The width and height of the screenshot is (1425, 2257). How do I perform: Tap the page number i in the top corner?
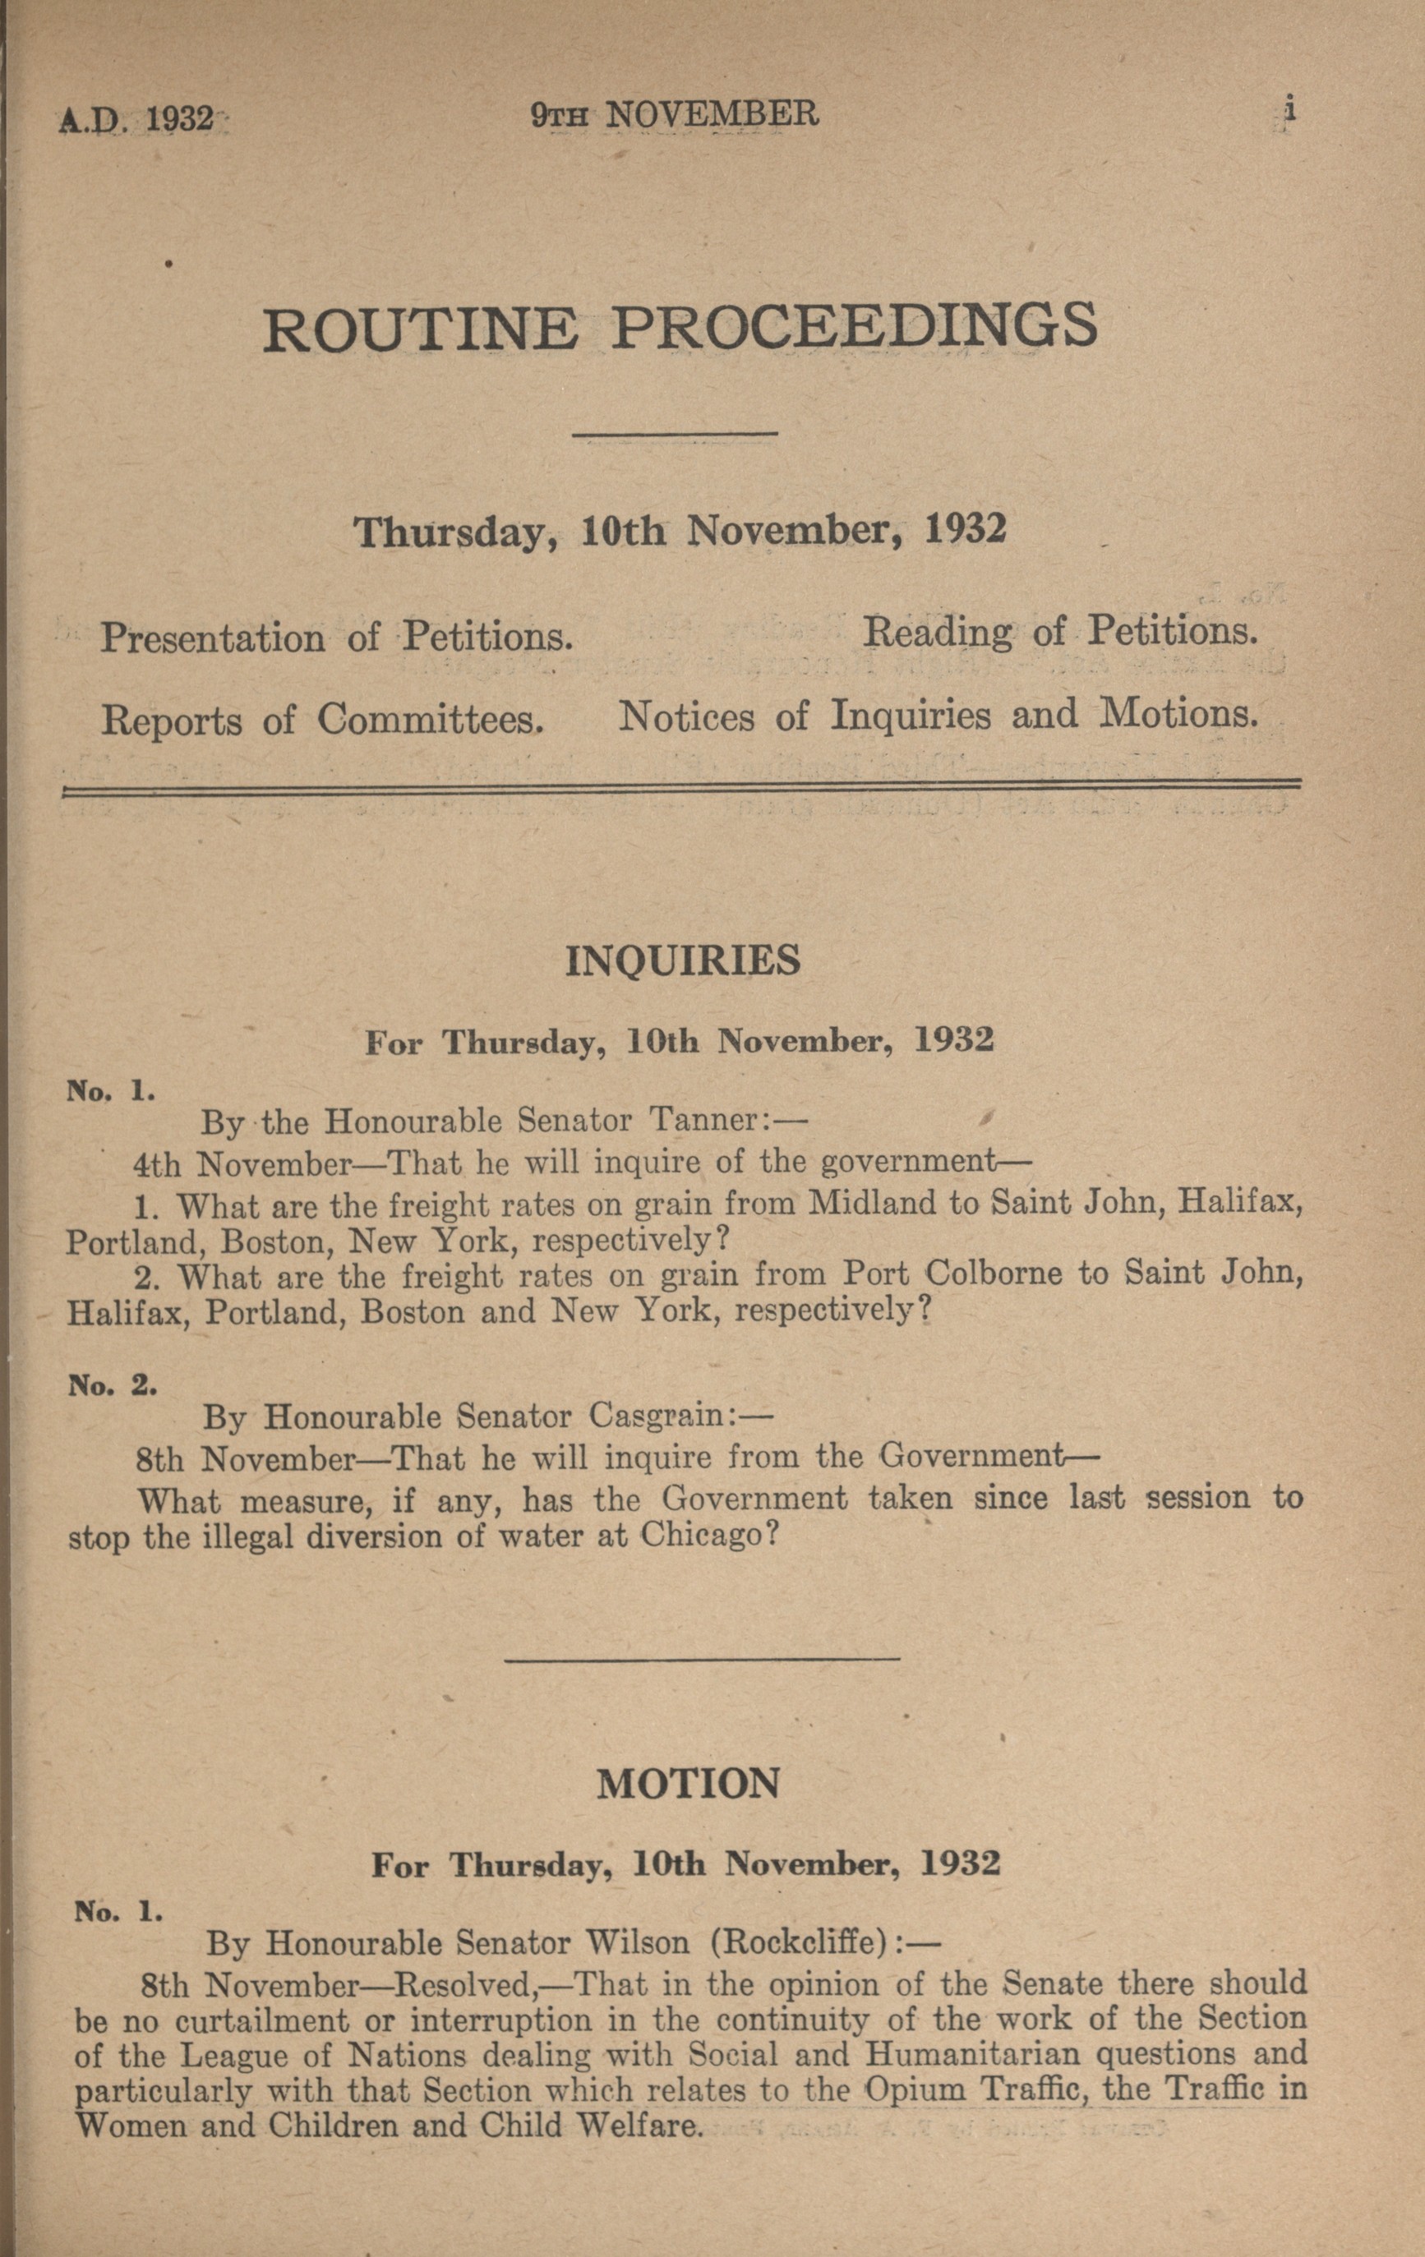click(1290, 109)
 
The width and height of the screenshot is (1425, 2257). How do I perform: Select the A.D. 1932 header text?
click(137, 121)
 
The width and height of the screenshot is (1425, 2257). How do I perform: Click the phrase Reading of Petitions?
click(1058, 632)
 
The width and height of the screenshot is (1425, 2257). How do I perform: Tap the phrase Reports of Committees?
click(322, 720)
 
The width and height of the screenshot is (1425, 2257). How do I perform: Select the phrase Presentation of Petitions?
click(337, 638)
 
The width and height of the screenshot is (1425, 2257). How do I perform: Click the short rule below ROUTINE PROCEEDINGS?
click(675, 433)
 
